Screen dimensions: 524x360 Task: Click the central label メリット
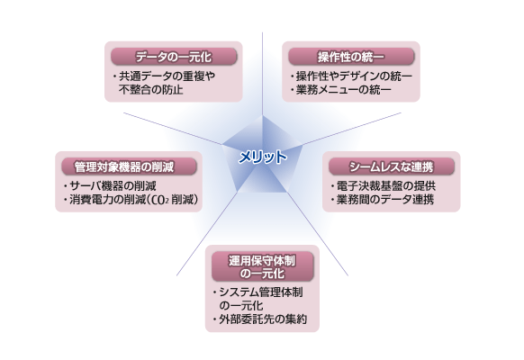263,157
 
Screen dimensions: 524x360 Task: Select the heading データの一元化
174,57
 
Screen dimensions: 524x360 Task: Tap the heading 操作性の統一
351,57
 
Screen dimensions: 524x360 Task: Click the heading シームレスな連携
392,166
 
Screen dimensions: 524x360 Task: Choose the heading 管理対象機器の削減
124,166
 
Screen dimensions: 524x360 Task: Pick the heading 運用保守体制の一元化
262,266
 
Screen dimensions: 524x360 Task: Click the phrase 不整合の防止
151,89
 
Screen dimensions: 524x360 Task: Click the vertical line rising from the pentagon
262,74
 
